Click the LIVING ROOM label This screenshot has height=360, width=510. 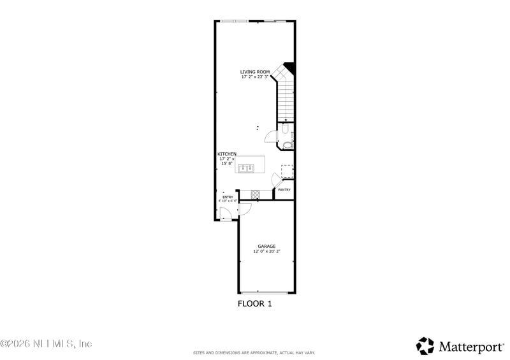click(255, 71)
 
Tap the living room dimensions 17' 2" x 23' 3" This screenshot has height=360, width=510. click(255, 77)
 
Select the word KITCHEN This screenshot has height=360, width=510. click(227, 154)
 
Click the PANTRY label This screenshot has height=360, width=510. click(284, 189)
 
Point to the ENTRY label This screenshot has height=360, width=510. click(228, 197)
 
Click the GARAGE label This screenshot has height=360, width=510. click(266, 246)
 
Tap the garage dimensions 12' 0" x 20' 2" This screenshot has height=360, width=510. click(266, 252)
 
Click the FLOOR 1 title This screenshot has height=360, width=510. click(255, 304)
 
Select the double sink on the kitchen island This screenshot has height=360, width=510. click(246, 168)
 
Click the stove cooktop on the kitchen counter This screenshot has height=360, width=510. click(255, 194)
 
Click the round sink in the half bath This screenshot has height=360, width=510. click(288, 145)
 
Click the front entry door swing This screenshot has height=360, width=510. click(224, 213)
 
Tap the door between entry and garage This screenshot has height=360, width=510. click(245, 208)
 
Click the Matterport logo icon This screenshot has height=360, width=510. click(425, 346)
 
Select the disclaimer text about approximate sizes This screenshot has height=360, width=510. click(254, 352)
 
